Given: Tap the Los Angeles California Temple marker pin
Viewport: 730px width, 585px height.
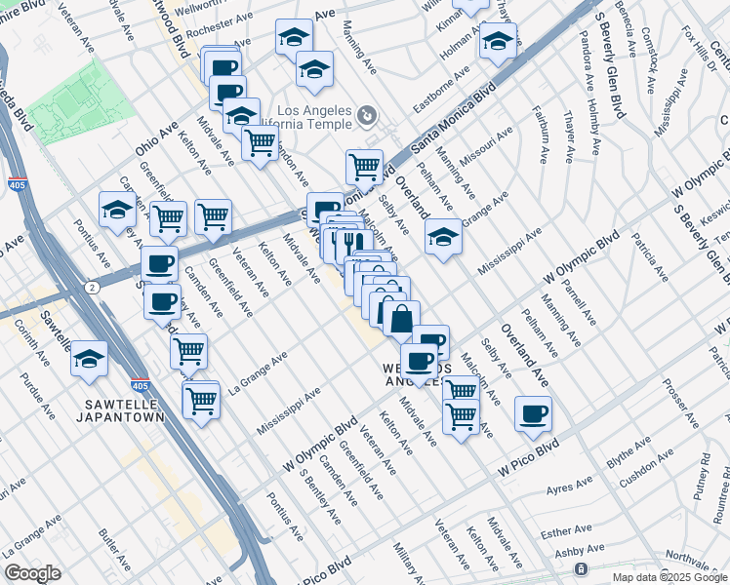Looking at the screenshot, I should (x=366, y=117).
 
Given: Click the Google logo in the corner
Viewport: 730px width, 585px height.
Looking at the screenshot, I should (x=32, y=573).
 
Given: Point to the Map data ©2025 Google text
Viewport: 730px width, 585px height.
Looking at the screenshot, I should (x=669, y=577).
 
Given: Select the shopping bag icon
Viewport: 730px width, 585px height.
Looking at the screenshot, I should (x=401, y=318).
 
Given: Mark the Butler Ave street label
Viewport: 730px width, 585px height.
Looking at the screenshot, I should (x=113, y=551).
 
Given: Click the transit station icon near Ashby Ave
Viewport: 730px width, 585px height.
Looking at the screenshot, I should (x=581, y=568).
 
